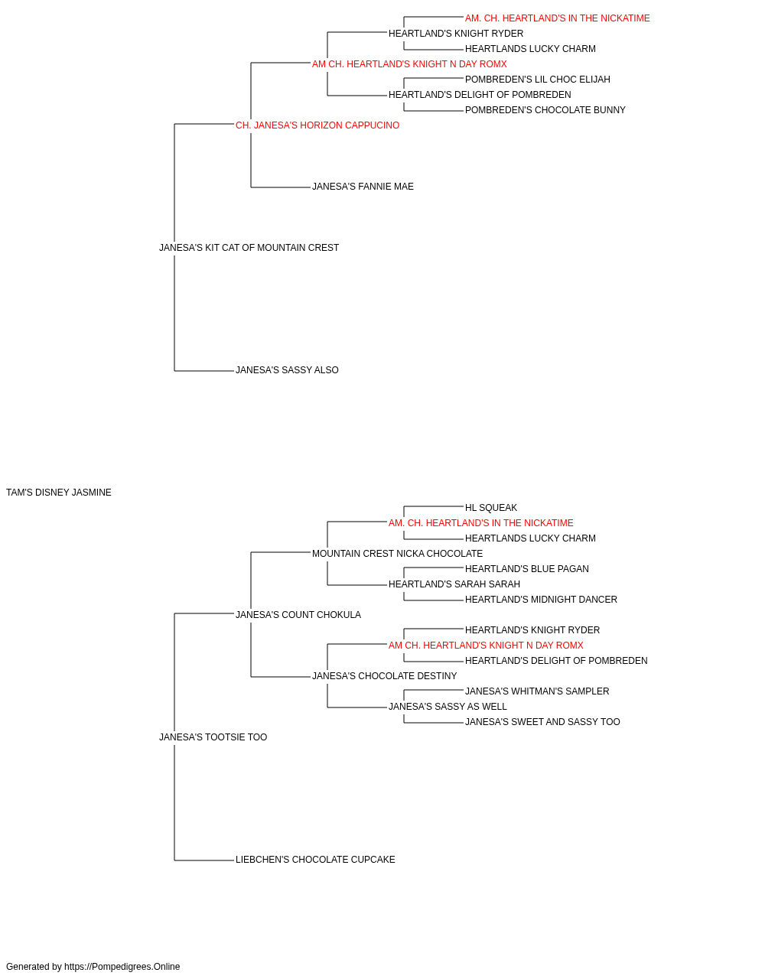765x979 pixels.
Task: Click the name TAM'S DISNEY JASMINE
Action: click(59, 493)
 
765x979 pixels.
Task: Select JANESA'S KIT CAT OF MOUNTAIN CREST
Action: click(249, 248)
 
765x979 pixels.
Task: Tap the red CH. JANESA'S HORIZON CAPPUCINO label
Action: click(317, 125)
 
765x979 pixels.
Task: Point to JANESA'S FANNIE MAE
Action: click(363, 187)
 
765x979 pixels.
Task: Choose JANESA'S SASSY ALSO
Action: click(287, 370)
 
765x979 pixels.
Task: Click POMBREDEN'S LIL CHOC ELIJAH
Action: click(538, 80)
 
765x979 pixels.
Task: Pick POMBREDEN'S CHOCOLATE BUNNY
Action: click(545, 110)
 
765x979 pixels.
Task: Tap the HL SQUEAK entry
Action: click(490, 508)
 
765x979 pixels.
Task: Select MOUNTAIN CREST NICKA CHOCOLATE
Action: click(397, 554)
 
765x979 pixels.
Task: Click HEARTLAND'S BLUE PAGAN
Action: click(526, 569)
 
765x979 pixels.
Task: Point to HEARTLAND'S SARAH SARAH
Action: click(454, 584)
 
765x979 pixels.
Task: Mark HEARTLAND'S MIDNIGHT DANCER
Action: click(541, 600)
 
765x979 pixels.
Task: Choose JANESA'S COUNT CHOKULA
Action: click(298, 615)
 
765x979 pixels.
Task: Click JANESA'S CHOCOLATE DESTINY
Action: click(384, 676)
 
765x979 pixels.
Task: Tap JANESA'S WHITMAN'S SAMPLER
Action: click(537, 691)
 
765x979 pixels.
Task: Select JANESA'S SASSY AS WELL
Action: click(448, 707)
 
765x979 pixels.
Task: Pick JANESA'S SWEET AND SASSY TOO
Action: click(542, 722)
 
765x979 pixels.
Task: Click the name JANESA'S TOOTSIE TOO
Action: click(213, 737)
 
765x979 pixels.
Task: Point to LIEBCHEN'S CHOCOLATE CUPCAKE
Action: click(315, 860)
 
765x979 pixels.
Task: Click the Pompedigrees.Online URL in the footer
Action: click(122, 967)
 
